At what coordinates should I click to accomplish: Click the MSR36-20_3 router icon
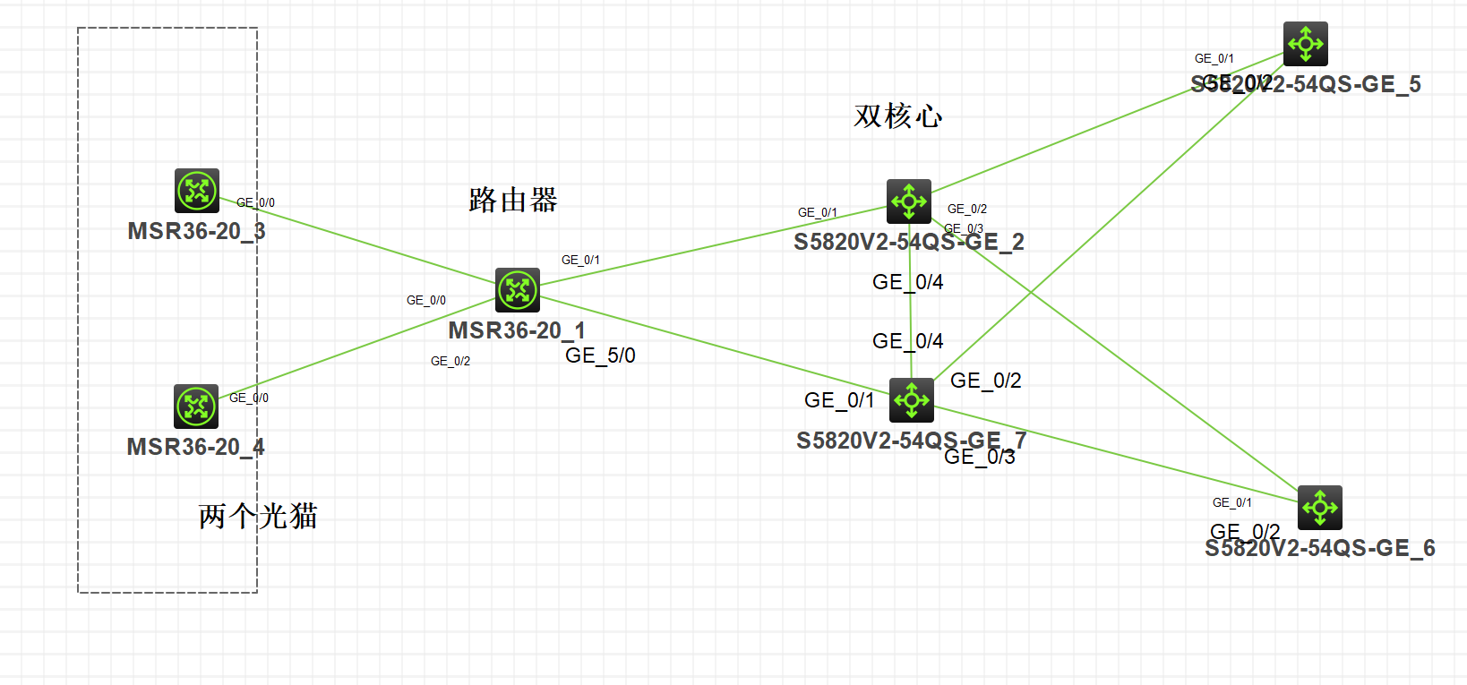[197, 191]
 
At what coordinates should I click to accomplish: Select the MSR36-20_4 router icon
[196, 407]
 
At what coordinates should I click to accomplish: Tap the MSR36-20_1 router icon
[518, 290]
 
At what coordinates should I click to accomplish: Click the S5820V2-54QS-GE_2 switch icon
[909, 201]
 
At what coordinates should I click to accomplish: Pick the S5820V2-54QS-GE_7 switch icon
[912, 400]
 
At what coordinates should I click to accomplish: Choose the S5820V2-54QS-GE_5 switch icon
[1306, 44]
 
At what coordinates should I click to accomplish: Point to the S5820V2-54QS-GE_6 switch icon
[1320, 508]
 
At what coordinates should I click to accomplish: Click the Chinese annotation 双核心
[898, 116]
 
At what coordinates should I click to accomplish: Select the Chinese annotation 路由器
[513, 200]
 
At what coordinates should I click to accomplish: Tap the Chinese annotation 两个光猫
[258, 516]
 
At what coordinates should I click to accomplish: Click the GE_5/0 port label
[600, 355]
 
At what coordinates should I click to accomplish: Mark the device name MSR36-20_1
[517, 330]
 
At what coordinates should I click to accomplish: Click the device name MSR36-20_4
[195, 447]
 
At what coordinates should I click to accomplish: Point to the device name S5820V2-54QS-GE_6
[1320, 548]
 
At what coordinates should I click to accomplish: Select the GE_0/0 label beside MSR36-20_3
[256, 202]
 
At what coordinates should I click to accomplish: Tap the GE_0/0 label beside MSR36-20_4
[249, 398]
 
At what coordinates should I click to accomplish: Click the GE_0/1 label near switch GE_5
[1214, 58]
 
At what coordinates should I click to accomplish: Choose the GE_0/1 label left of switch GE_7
[839, 400]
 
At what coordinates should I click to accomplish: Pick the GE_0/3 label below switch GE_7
[980, 457]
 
